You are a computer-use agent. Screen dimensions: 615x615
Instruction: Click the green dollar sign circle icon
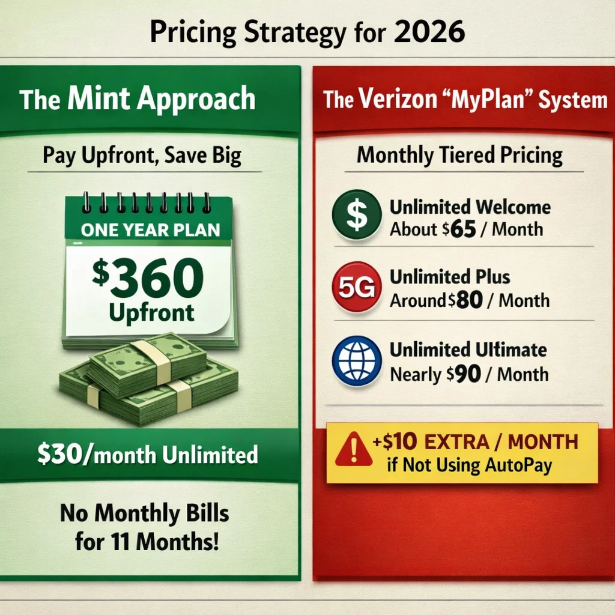coord(356,218)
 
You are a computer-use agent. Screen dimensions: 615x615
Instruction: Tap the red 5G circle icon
coord(356,289)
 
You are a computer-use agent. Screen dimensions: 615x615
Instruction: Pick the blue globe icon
coord(356,360)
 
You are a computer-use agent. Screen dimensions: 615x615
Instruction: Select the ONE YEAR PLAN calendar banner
coord(150,231)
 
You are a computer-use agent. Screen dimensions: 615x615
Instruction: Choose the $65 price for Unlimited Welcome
coord(461,229)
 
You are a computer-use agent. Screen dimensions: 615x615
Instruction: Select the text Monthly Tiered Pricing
coord(459,156)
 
